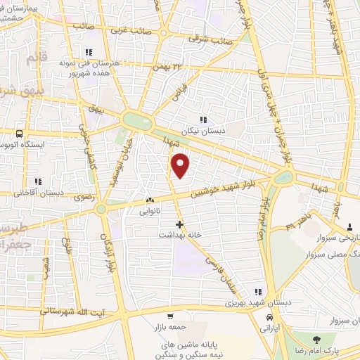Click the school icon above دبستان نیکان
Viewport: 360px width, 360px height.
click(x=203, y=120)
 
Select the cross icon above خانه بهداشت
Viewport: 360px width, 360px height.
click(x=180, y=225)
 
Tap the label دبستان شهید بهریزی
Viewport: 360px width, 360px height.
click(x=229, y=302)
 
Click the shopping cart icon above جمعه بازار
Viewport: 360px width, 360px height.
click(x=172, y=316)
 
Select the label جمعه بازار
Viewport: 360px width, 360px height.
click(x=172, y=327)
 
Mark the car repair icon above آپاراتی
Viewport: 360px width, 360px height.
click(x=270, y=318)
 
